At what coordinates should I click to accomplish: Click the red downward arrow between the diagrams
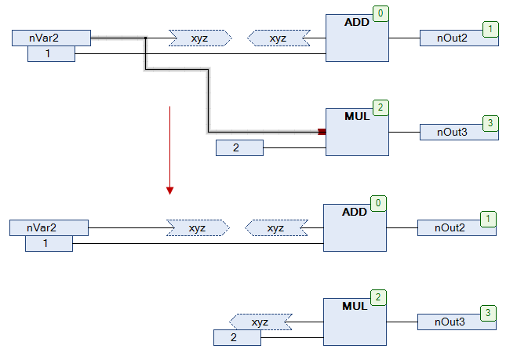[169, 149]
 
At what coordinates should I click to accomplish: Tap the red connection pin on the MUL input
[322, 132]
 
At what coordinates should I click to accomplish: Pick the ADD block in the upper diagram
[357, 39]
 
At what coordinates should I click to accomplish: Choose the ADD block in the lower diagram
[355, 227]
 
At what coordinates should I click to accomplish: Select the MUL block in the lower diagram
[355, 322]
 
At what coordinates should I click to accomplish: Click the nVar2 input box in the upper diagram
[51, 38]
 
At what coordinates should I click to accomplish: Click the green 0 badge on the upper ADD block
[380, 14]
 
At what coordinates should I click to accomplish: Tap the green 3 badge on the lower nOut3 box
[487, 313]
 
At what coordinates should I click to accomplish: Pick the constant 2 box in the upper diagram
[239, 147]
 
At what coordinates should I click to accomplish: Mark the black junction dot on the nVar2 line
[146, 37]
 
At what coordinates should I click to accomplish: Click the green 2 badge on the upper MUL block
[380, 107]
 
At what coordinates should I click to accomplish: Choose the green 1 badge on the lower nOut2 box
[487, 218]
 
